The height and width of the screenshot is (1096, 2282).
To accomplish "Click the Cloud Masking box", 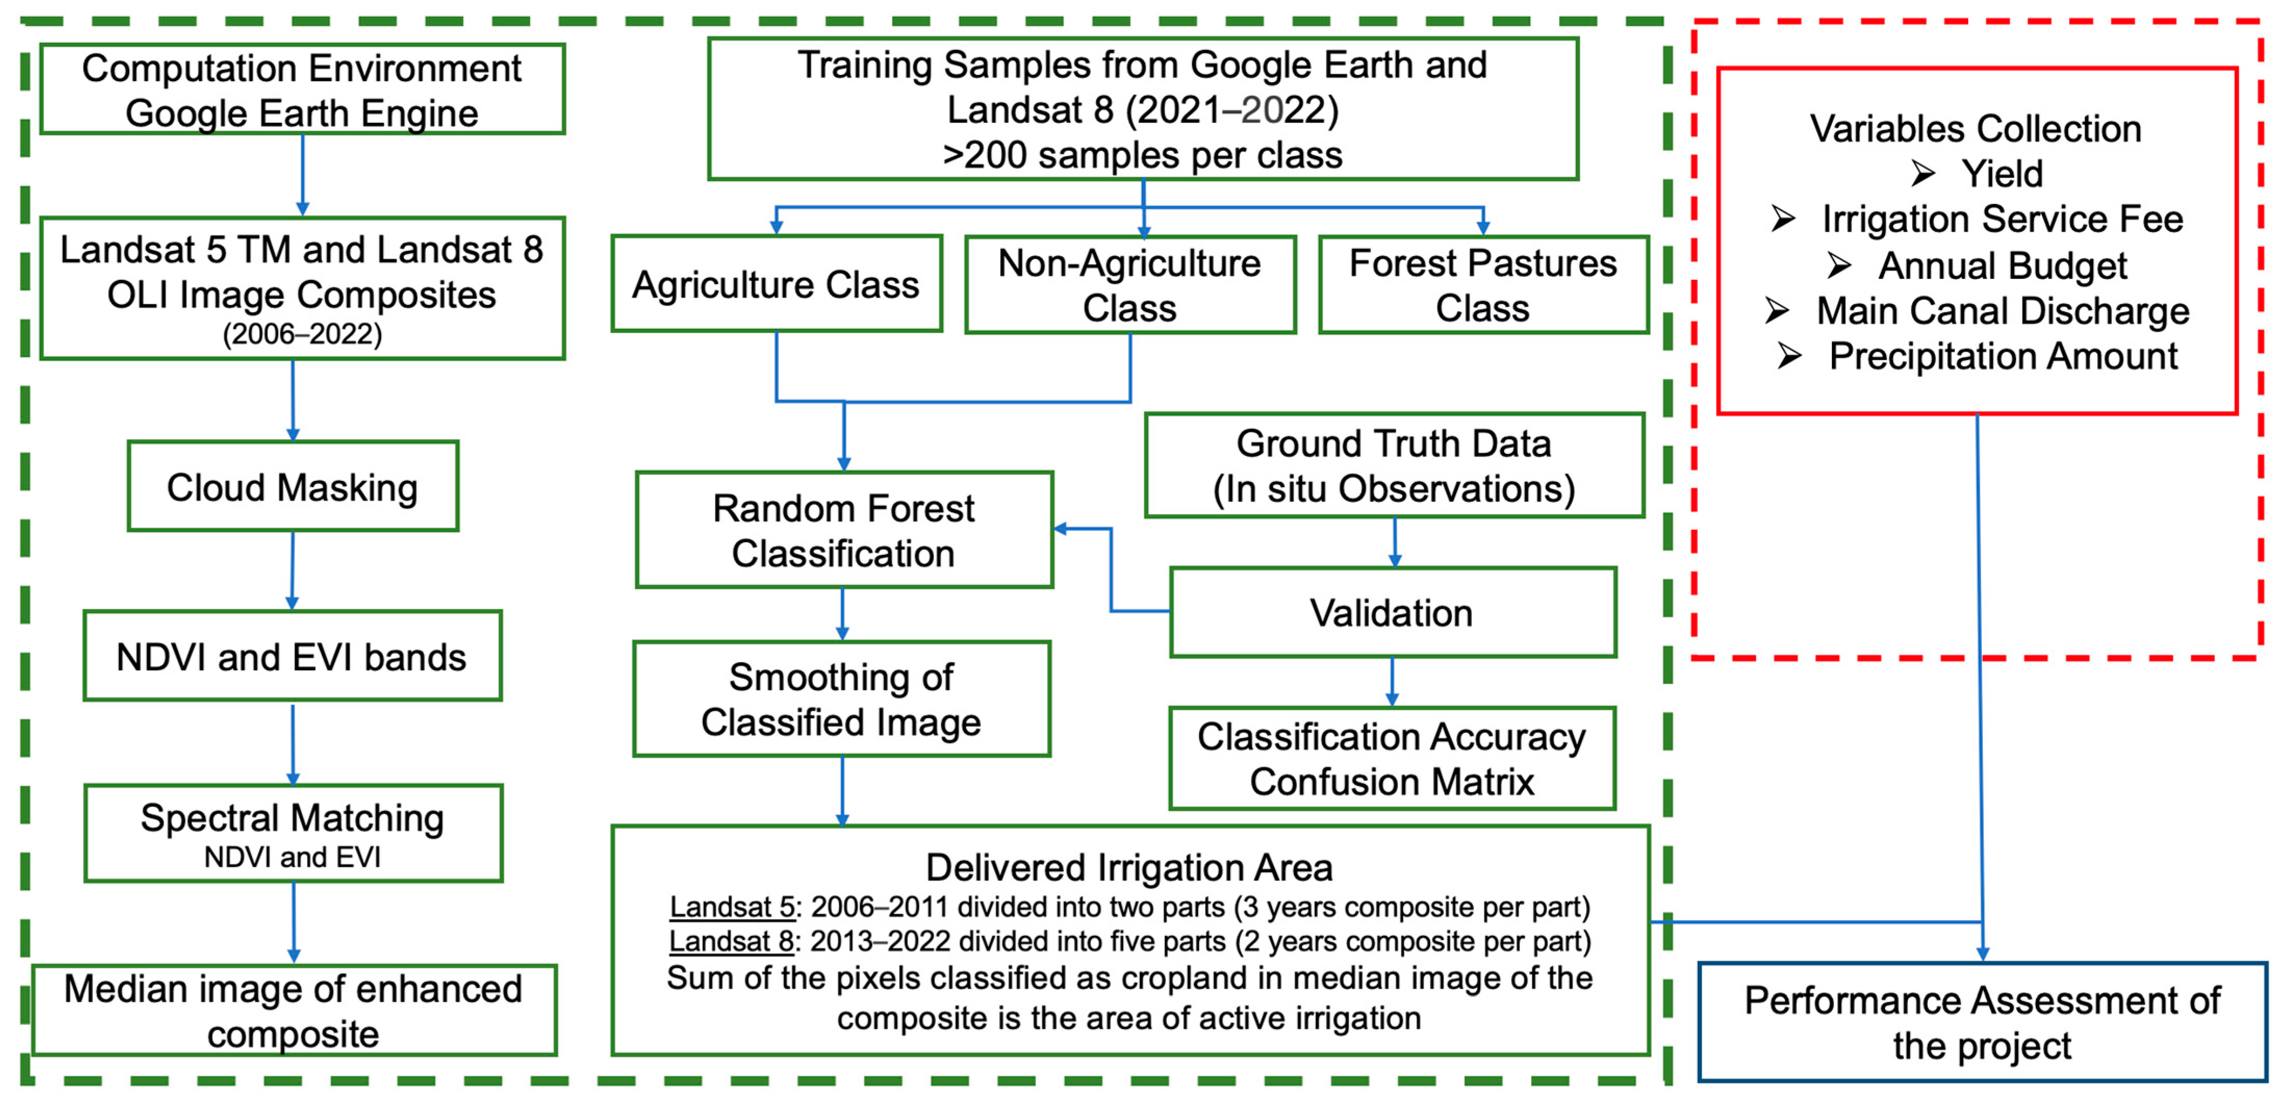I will point(292,487).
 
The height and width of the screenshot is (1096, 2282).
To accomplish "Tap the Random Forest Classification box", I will point(843,530).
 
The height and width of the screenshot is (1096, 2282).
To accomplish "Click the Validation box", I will point(1392,612).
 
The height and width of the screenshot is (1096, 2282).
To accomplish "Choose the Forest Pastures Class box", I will point(1483,285).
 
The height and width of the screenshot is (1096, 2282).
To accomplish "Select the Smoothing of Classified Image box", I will point(842,699).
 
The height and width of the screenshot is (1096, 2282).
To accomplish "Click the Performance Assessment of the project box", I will point(1982,1023).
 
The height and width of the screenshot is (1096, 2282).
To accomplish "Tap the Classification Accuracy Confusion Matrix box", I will point(1392,758).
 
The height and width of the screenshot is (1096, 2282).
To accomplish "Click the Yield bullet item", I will point(2001,174).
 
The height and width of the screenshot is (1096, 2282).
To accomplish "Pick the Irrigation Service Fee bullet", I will point(2001,219).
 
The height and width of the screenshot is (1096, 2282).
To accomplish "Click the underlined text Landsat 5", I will point(732,907).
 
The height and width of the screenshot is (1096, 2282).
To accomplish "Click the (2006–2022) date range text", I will point(302,334).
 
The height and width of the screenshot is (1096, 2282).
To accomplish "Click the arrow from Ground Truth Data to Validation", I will point(1394,542).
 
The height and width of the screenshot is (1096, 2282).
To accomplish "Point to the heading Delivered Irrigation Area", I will point(1129,868).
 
